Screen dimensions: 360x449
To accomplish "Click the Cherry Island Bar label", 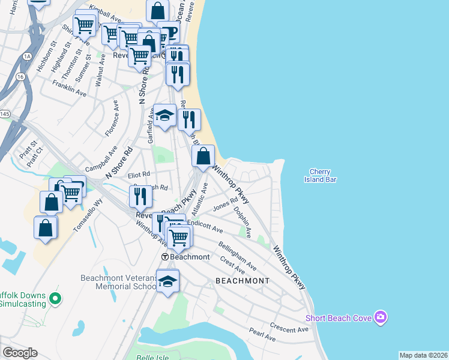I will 320,176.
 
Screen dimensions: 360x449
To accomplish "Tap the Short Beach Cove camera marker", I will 380,316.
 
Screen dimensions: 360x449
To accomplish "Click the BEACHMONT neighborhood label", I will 242,281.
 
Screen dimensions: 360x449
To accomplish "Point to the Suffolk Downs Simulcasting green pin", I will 55,297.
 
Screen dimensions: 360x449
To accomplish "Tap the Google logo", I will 20,353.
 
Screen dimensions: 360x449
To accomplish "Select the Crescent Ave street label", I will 289,329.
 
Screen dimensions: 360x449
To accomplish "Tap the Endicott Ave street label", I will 205,226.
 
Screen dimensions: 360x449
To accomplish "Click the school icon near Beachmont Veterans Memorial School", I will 168,281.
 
